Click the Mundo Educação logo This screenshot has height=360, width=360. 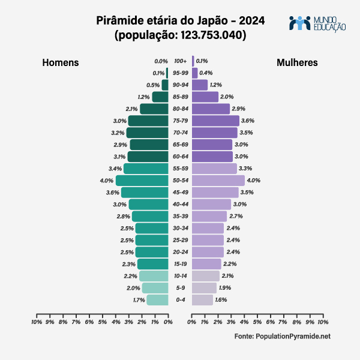pos(317,23)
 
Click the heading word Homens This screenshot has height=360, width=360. pos(60,63)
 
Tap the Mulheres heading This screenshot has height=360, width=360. pos(297,63)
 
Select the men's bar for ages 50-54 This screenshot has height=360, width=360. pos(142,181)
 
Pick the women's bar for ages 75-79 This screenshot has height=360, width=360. pos(215,121)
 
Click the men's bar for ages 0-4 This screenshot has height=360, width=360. pos(157,299)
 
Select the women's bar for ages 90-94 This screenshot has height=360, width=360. pos(200,85)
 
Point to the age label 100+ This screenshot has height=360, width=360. pos(180,61)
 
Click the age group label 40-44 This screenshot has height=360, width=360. pos(180,205)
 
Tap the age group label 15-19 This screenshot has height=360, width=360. pos(180,264)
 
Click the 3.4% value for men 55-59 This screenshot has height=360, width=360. pos(115,169)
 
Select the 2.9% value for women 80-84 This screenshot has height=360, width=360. pos(238,109)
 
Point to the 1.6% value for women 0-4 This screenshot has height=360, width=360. pos(221,299)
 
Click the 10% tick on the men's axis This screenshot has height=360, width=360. pos(37,322)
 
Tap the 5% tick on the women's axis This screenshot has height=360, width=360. pos(257,322)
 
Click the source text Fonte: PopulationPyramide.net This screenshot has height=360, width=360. pos(282,337)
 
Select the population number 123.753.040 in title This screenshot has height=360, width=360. pos(208,35)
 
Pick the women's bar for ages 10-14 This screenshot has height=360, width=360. pos(206,276)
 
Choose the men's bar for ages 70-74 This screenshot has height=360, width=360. pos(147,133)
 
